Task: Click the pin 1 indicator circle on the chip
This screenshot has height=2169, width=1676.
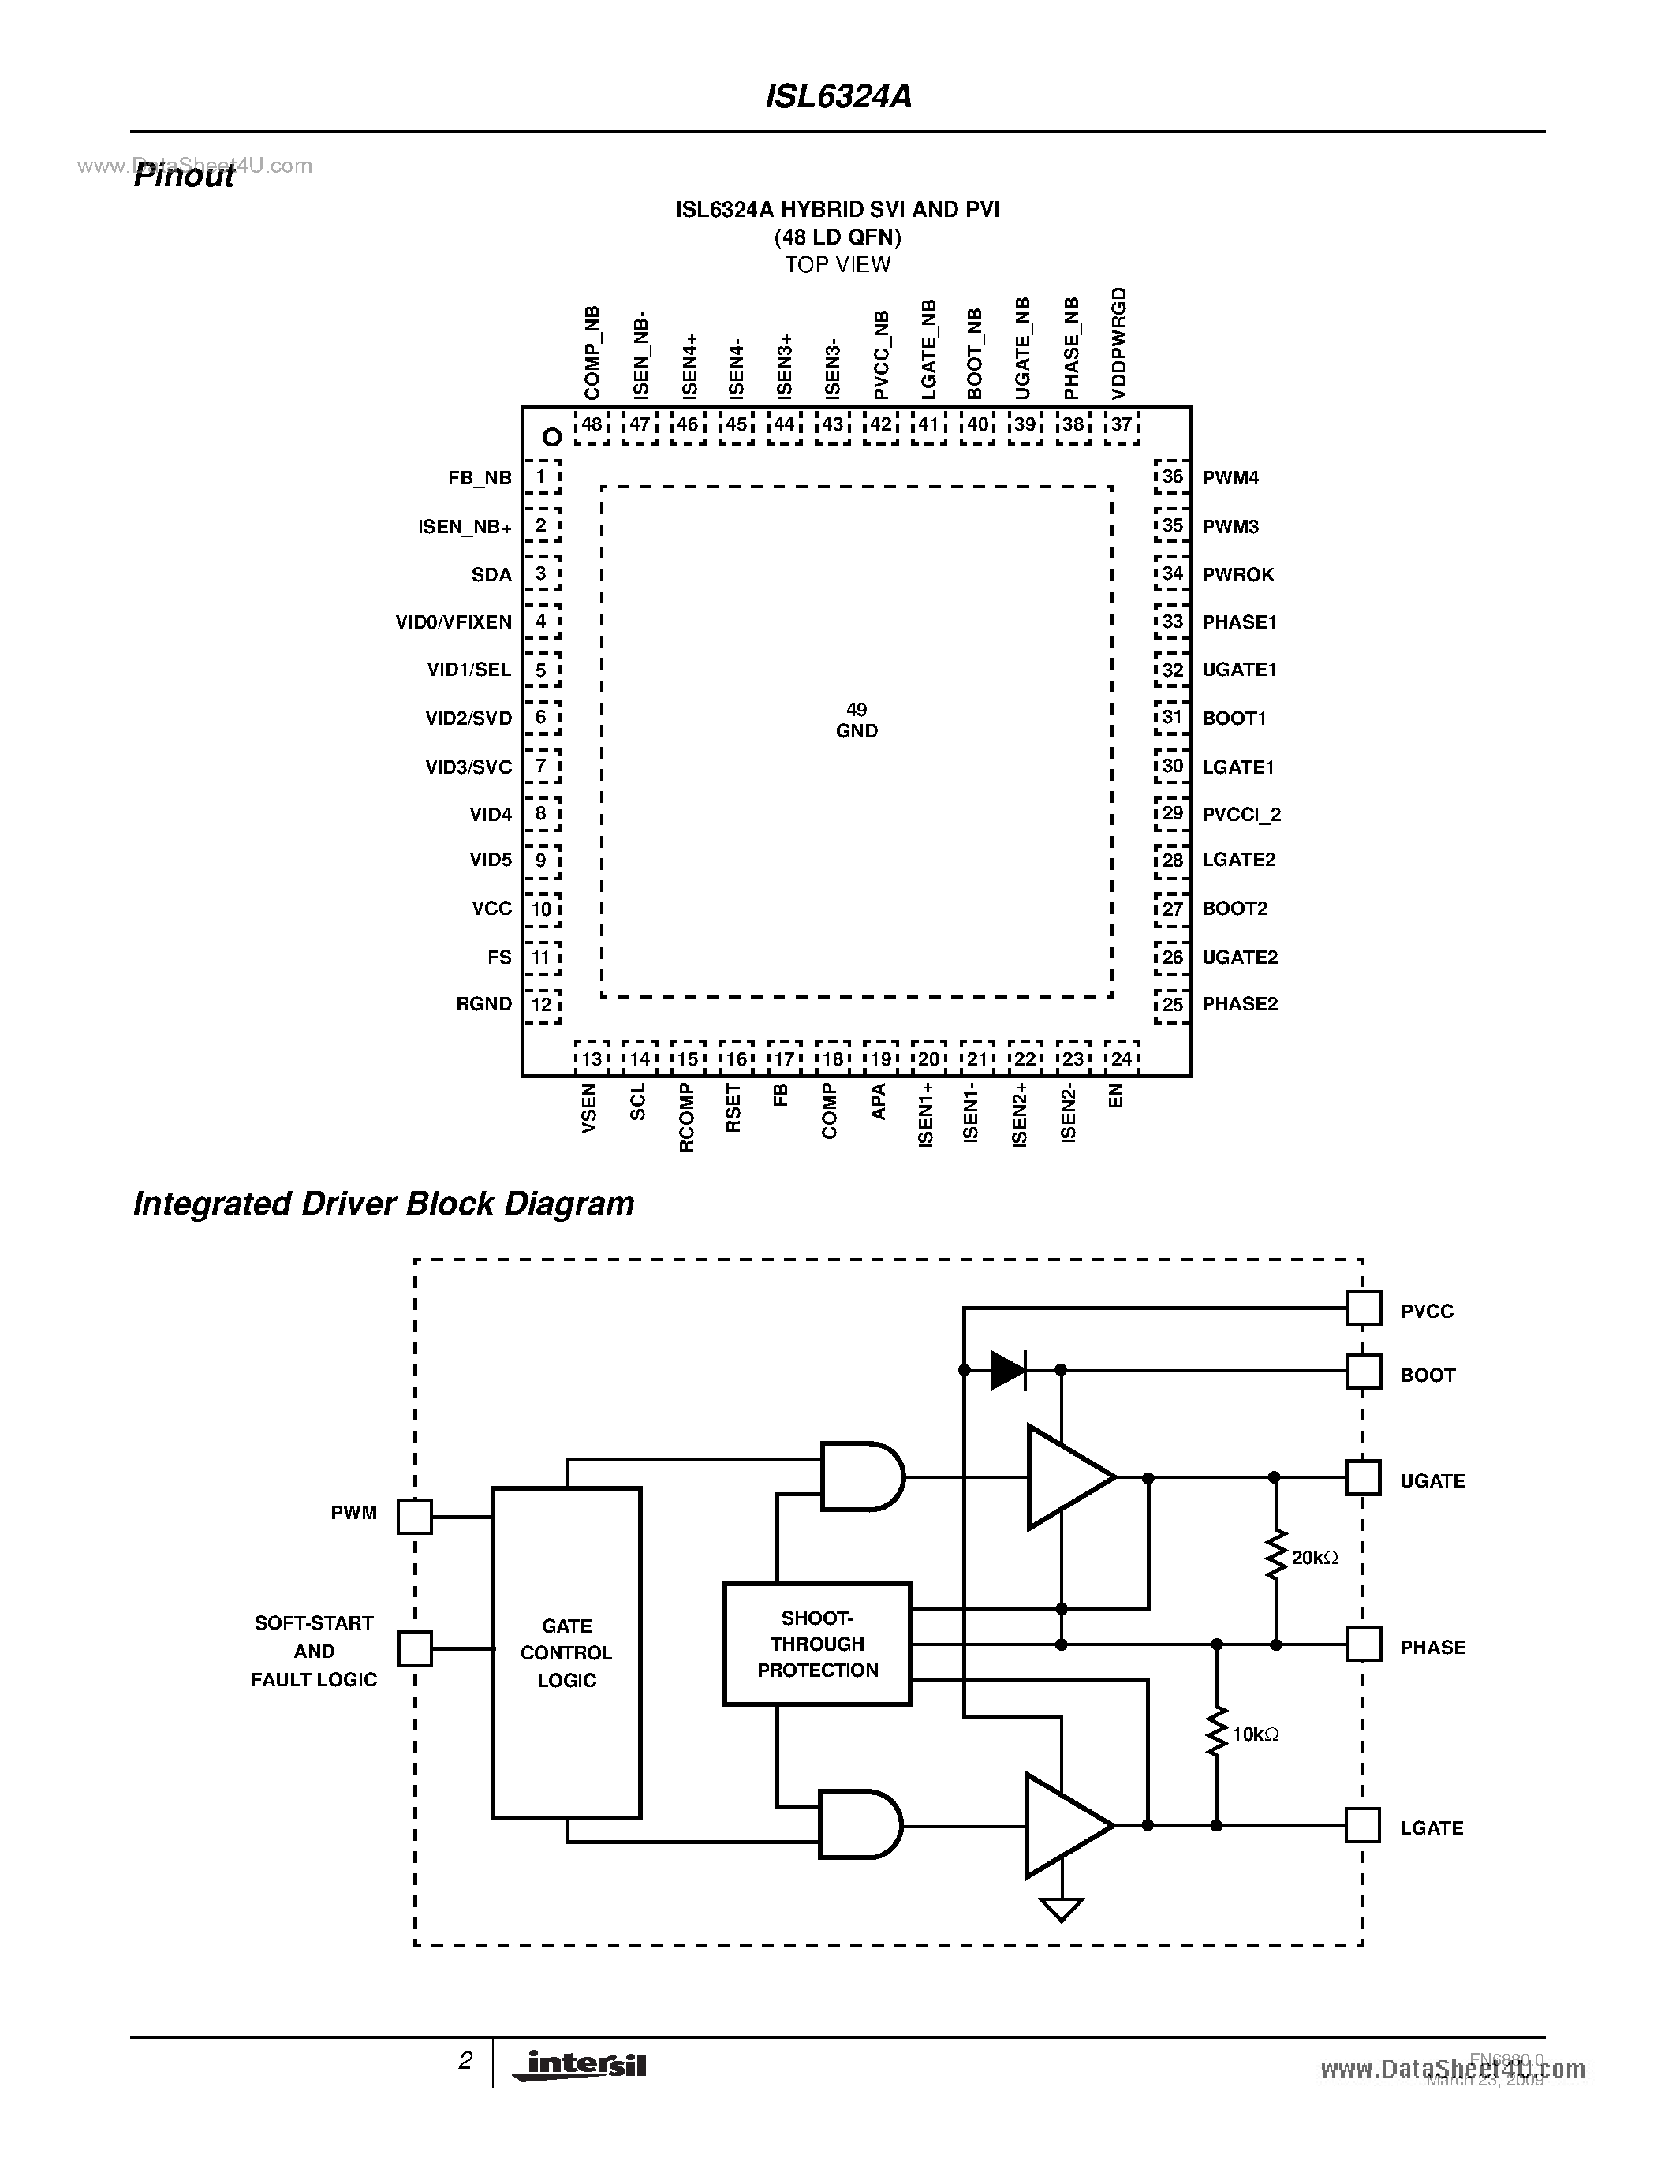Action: pyautogui.click(x=552, y=437)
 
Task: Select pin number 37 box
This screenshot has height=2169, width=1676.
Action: pyautogui.click(x=1121, y=425)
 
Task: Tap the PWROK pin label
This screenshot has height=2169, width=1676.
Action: pyautogui.click(x=1237, y=575)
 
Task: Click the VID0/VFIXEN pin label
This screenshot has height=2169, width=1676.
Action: pyautogui.click(x=453, y=622)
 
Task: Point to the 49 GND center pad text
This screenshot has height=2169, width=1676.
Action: pyautogui.click(x=856, y=721)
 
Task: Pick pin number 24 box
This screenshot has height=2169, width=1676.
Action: pyautogui.click(x=1121, y=1058)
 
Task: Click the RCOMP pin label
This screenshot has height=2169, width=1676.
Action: pyautogui.click(x=686, y=1118)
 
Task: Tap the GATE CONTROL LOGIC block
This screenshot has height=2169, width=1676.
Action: pyautogui.click(x=566, y=1652)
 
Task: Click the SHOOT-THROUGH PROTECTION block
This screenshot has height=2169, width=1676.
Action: pyautogui.click(x=817, y=1644)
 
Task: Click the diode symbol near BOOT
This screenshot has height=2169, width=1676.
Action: pyautogui.click(x=1009, y=1371)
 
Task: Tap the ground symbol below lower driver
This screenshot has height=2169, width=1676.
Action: pyautogui.click(x=1060, y=1909)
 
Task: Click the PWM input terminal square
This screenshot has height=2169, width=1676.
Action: pyautogui.click(x=414, y=1517)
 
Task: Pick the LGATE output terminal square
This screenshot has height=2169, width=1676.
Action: pyautogui.click(x=1363, y=1825)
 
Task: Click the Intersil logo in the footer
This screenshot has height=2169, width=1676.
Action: pyautogui.click(x=579, y=2064)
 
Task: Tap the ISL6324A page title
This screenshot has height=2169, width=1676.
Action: pyautogui.click(x=838, y=96)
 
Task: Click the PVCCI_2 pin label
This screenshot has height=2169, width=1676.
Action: pyautogui.click(x=1241, y=816)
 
